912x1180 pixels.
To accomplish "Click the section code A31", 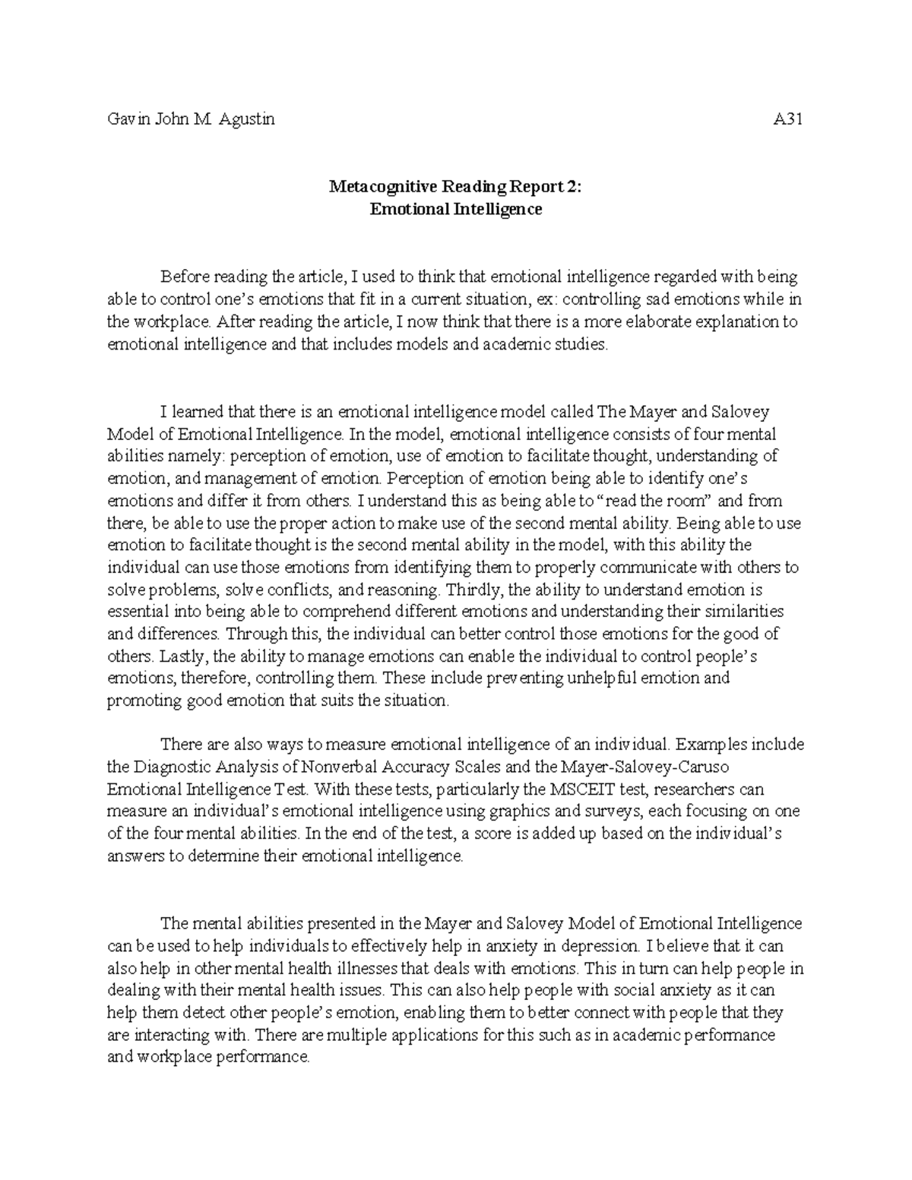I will click(x=788, y=119).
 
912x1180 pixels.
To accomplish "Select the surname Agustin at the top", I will click(x=247, y=119).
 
